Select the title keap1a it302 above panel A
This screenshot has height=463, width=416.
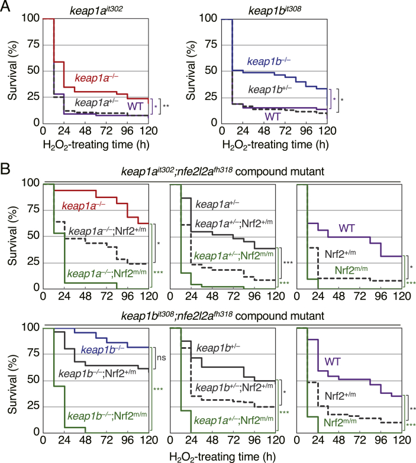click(x=99, y=9)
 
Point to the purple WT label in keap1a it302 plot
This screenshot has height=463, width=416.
click(x=137, y=106)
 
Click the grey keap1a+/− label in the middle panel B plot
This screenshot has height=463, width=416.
click(x=217, y=205)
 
